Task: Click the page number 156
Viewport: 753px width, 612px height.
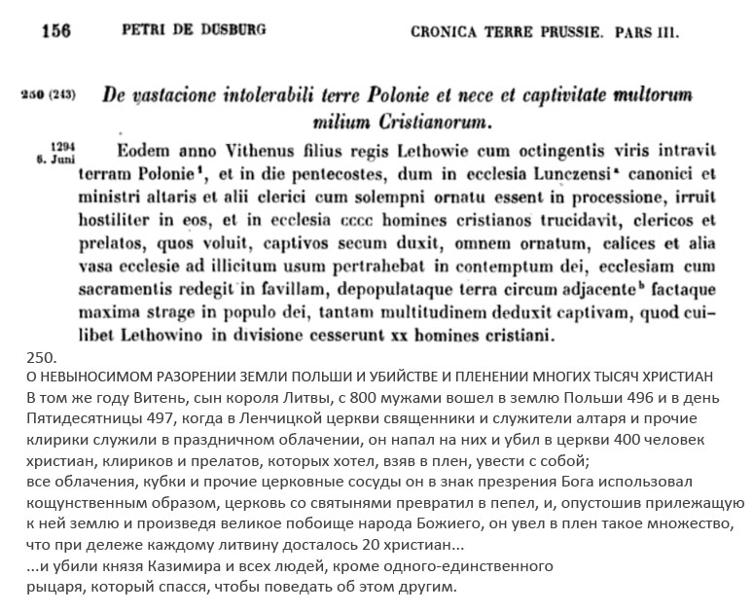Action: [56, 30]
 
